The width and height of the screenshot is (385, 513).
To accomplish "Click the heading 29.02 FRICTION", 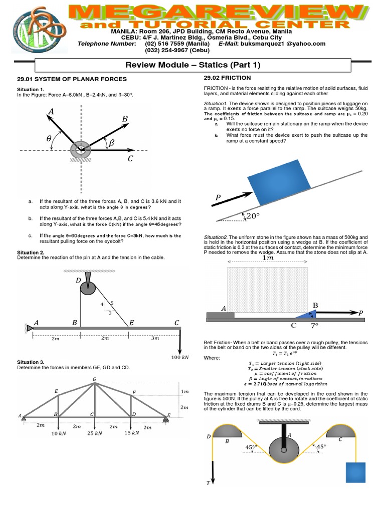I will (x=227, y=78).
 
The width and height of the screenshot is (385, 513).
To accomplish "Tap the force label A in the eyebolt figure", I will (x=50, y=114).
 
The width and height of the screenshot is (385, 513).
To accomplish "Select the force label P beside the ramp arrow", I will (x=218, y=198).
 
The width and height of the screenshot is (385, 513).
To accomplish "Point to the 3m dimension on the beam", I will (x=155, y=339).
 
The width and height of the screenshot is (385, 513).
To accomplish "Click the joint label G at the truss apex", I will (x=94, y=379).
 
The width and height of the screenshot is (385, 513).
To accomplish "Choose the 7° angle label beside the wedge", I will (x=315, y=325).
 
